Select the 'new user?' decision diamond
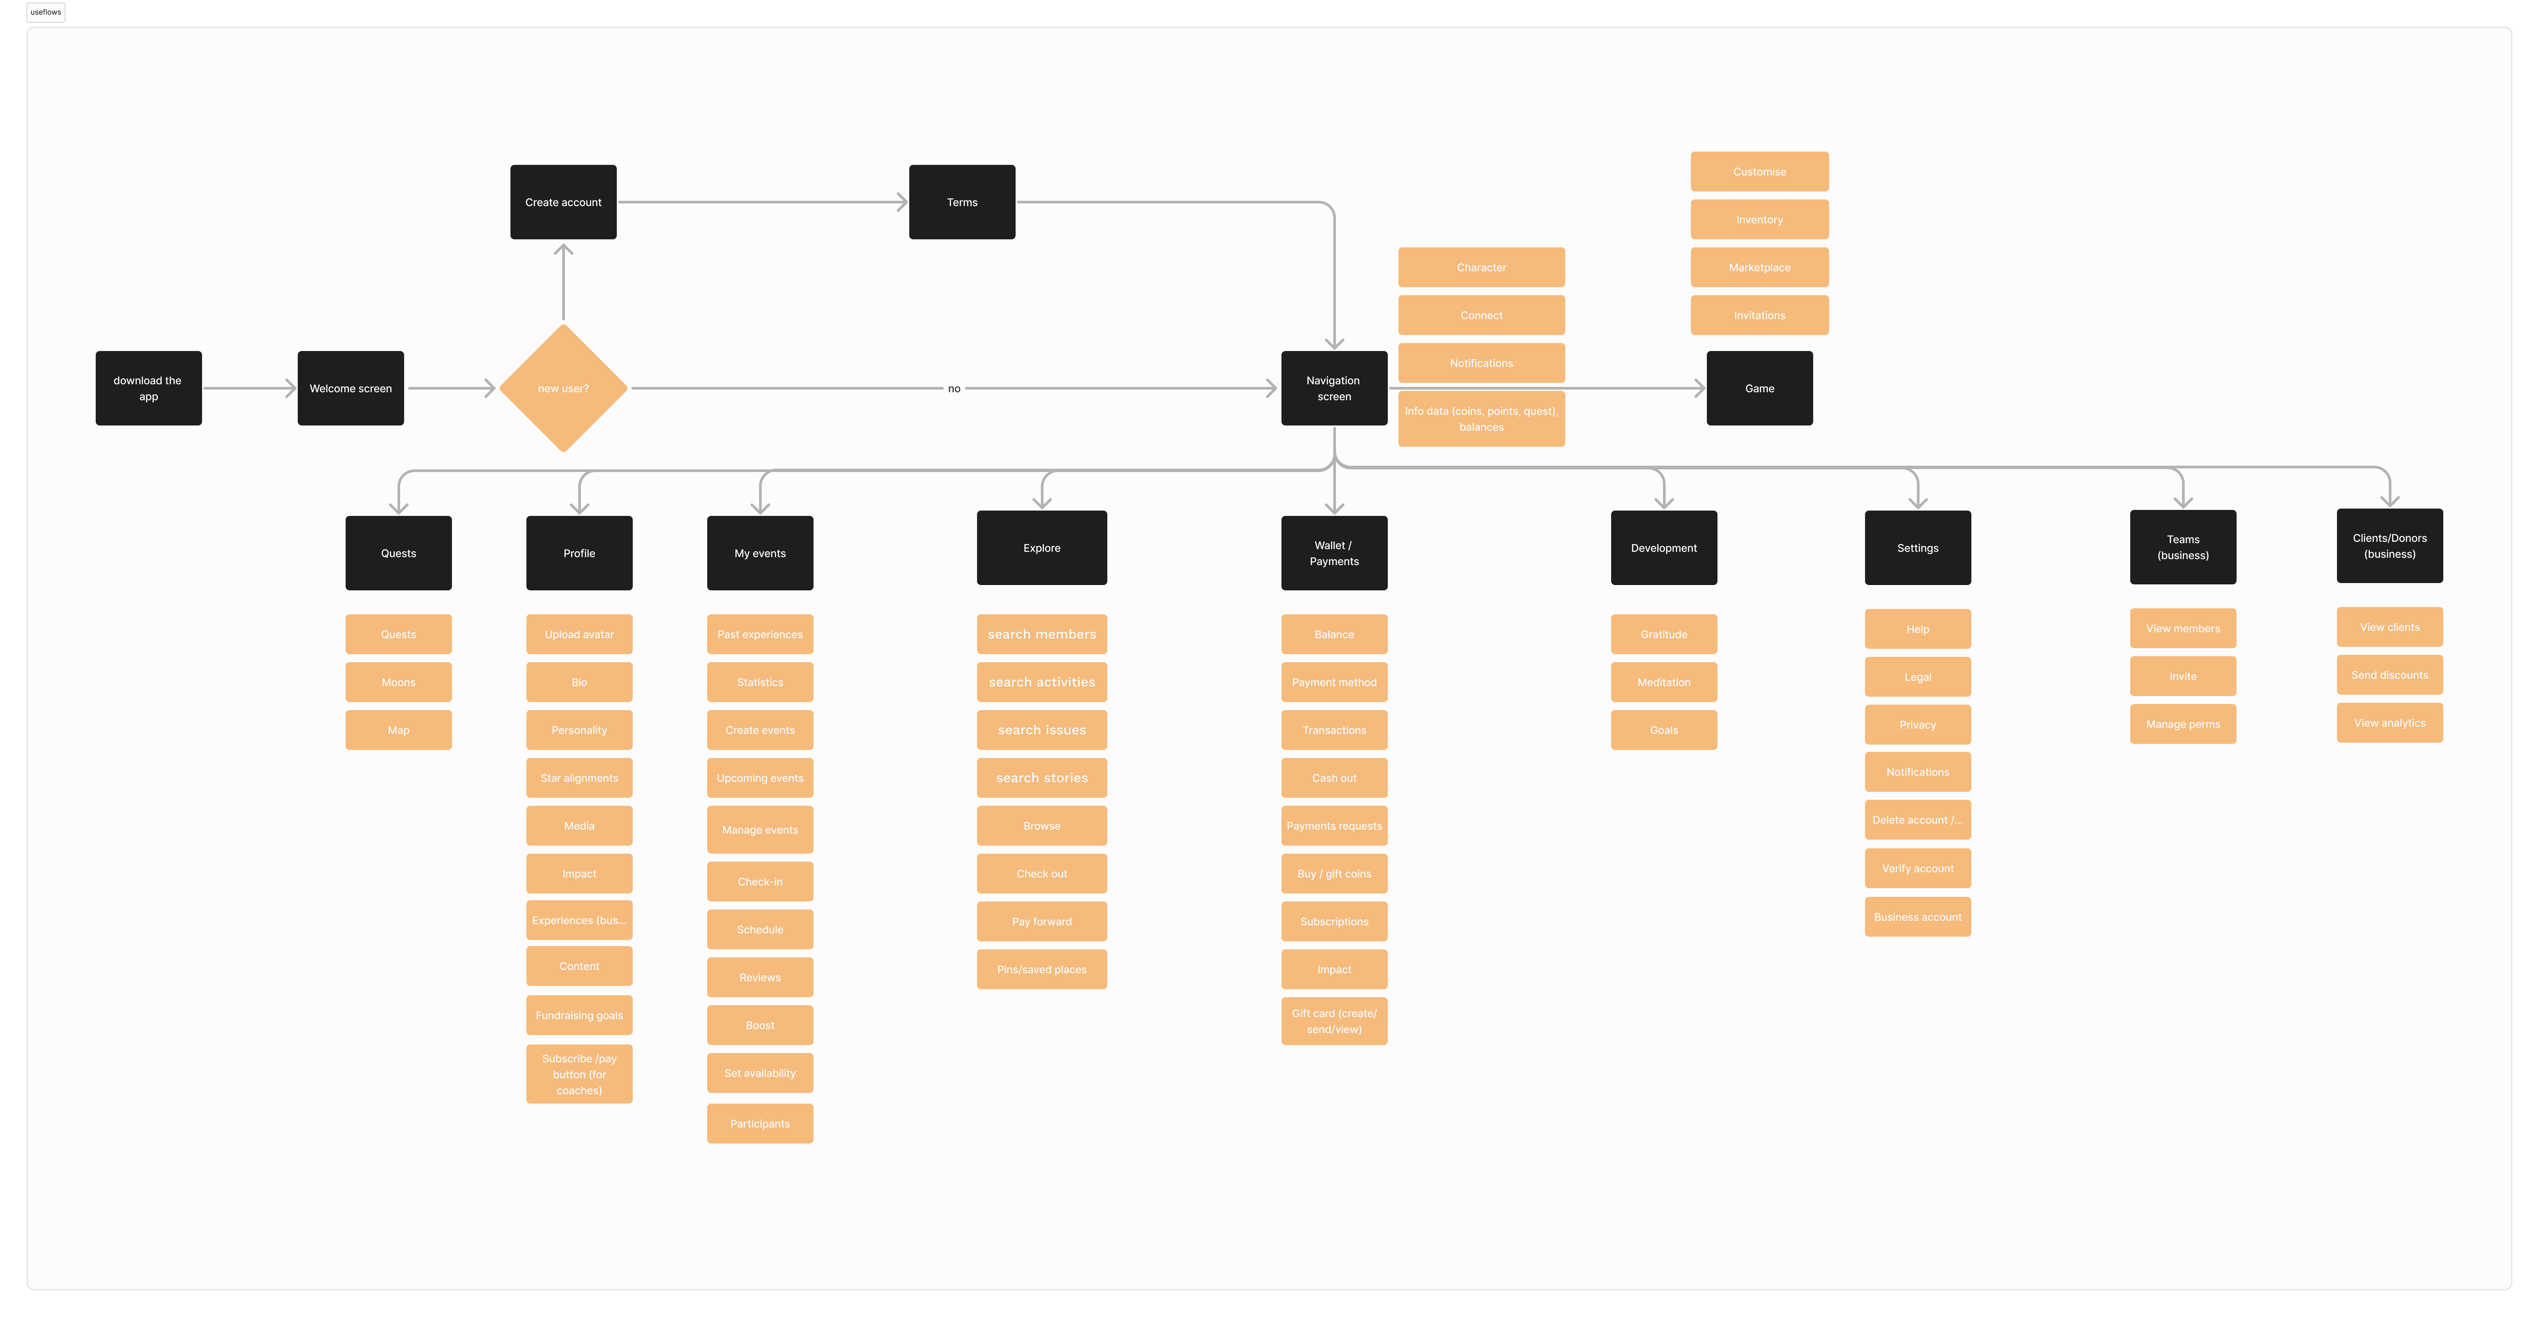coord(563,388)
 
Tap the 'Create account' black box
coord(563,202)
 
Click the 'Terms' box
coord(962,202)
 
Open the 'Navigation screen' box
coord(1334,388)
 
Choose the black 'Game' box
coord(1759,388)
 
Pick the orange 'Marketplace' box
coord(1759,267)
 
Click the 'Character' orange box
coord(1482,267)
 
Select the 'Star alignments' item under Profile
coord(580,778)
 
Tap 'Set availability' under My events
coord(760,1073)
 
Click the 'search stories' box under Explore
coord(1042,778)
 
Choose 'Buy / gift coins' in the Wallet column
coord(1334,873)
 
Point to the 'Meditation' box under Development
coord(1664,682)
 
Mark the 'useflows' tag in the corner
coord(45,12)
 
